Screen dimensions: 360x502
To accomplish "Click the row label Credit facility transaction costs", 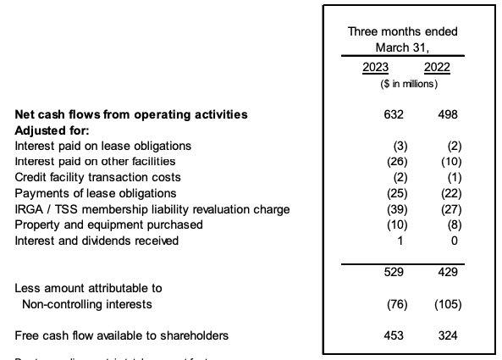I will click(x=98, y=177).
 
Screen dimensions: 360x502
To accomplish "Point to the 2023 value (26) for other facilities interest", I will click(x=394, y=161).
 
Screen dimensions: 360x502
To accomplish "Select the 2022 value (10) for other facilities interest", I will click(x=445, y=161).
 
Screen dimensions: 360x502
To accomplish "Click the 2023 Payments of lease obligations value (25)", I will click(x=394, y=193).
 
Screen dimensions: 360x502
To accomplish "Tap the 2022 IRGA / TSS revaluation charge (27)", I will click(x=445, y=209).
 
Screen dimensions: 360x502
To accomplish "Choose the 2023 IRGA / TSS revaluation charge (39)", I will click(x=394, y=209).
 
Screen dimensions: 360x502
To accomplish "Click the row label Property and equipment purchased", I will click(x=109, y=224).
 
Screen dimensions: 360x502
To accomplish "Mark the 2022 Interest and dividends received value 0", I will click(x=453, y=241).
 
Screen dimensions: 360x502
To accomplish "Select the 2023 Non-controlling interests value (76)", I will click(x=394, y=304).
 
